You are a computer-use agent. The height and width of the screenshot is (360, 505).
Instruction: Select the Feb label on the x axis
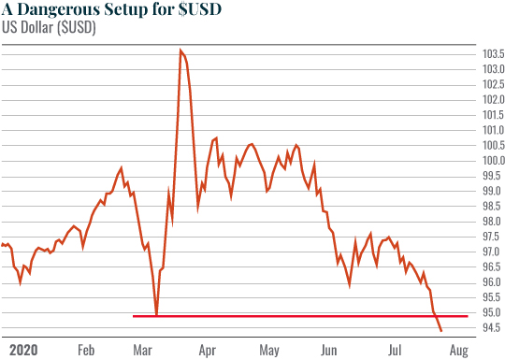[86, 351]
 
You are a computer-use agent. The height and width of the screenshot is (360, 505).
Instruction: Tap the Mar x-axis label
[142, 351]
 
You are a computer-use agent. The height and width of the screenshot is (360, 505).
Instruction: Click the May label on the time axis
[269, 351]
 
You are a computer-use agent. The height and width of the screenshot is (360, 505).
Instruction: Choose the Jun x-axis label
[328, 351]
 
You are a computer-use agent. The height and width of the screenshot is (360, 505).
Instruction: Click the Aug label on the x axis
[457, 351]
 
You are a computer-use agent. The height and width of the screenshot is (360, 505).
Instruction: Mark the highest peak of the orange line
[180, 50]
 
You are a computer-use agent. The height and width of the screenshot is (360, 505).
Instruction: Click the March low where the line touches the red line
[157, 315]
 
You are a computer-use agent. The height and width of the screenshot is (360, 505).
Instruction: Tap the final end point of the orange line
[441, 331]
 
